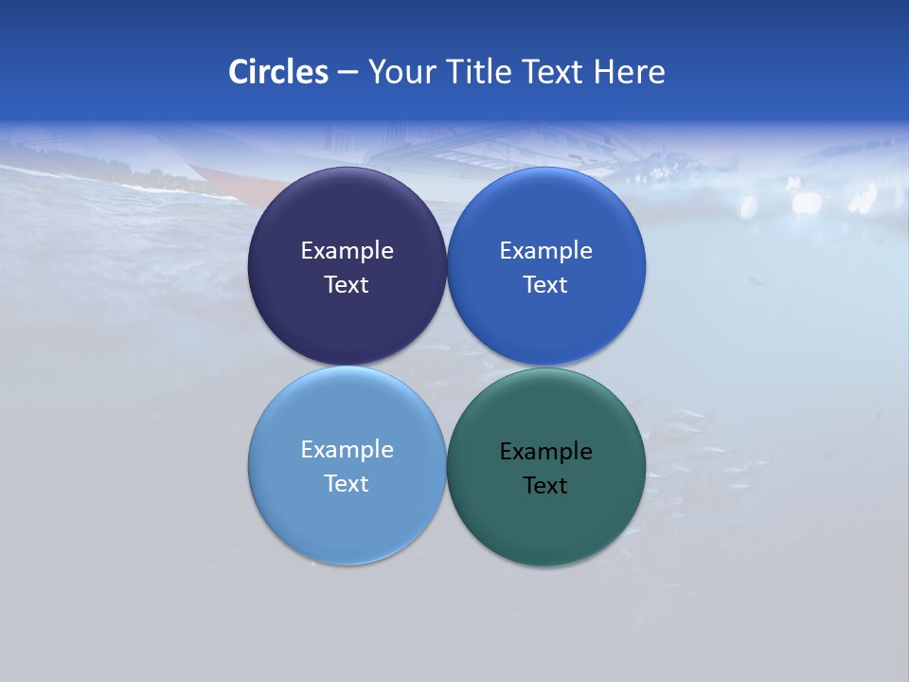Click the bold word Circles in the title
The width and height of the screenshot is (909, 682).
(x=277, y=72)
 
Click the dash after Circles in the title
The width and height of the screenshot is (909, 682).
(x=347, y=73)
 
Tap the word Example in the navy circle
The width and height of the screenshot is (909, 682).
(x=347, y=251)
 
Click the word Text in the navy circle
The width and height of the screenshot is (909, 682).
(x=347, y=285)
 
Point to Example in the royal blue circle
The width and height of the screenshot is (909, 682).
(x=545, y=251)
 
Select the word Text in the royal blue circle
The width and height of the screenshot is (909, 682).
(x=545, y=285)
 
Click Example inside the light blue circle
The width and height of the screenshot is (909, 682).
(x=347, y=450)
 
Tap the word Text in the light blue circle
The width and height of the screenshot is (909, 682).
(x=347, y=484)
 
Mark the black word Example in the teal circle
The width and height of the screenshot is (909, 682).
(x=545, y=452)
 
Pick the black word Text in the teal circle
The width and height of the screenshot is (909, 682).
(x=545, y=486)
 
